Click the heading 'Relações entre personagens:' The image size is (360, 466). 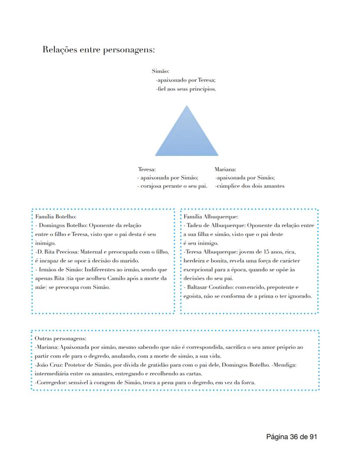(x=99, y=50)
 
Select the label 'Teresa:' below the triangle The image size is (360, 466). (x=147, y=169)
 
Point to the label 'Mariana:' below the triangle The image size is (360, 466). (x=225, y=169)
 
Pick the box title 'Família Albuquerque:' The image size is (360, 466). (x=211, y=216)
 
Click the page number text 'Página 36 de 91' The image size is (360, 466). (x=291, y=436)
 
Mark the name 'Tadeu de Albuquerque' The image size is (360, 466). (x=214, y=225)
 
